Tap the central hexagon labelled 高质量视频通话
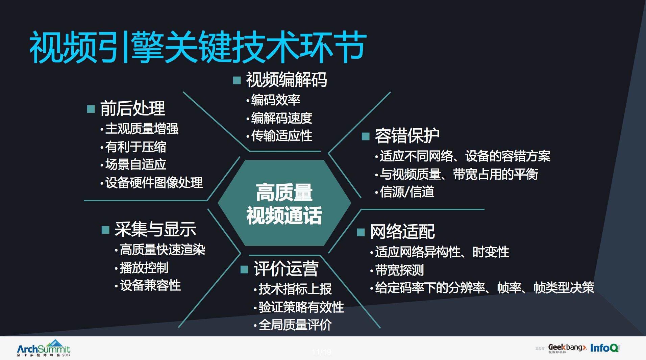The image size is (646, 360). pos(284,203)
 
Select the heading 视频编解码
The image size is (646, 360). pos(286,80)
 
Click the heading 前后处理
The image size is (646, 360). pos(132,108)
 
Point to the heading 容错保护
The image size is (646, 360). pos(407,136)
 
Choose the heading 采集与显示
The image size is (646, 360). pos(155,229)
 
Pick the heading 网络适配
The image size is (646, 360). pos(402,232)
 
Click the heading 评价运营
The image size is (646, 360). pos(286,269)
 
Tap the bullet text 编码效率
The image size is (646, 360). pos(275,100)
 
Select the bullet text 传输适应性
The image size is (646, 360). pos(281,136)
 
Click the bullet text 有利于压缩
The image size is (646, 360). pos(135,147)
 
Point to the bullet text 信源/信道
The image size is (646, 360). pos(407,192)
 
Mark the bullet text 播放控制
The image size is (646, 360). pos(144,268)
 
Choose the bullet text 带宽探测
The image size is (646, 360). pos(399,270)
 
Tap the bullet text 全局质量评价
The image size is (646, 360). pos(295,325)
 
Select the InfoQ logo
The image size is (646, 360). pos(604,348)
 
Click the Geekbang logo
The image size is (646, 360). pos(567,348)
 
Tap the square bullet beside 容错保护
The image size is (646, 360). pos(365,136)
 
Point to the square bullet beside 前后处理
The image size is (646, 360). pos(91,109)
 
